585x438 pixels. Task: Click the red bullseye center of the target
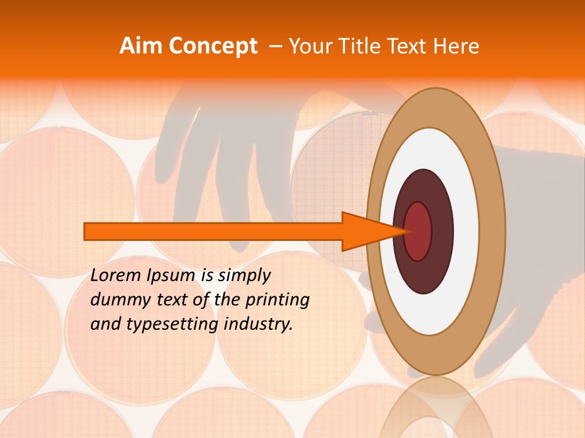419,231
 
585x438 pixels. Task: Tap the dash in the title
275,46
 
